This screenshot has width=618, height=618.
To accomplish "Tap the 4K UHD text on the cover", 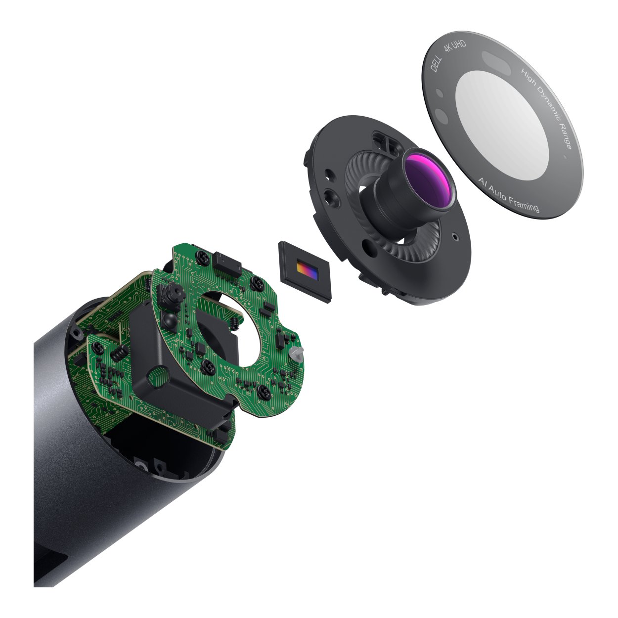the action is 455,46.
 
